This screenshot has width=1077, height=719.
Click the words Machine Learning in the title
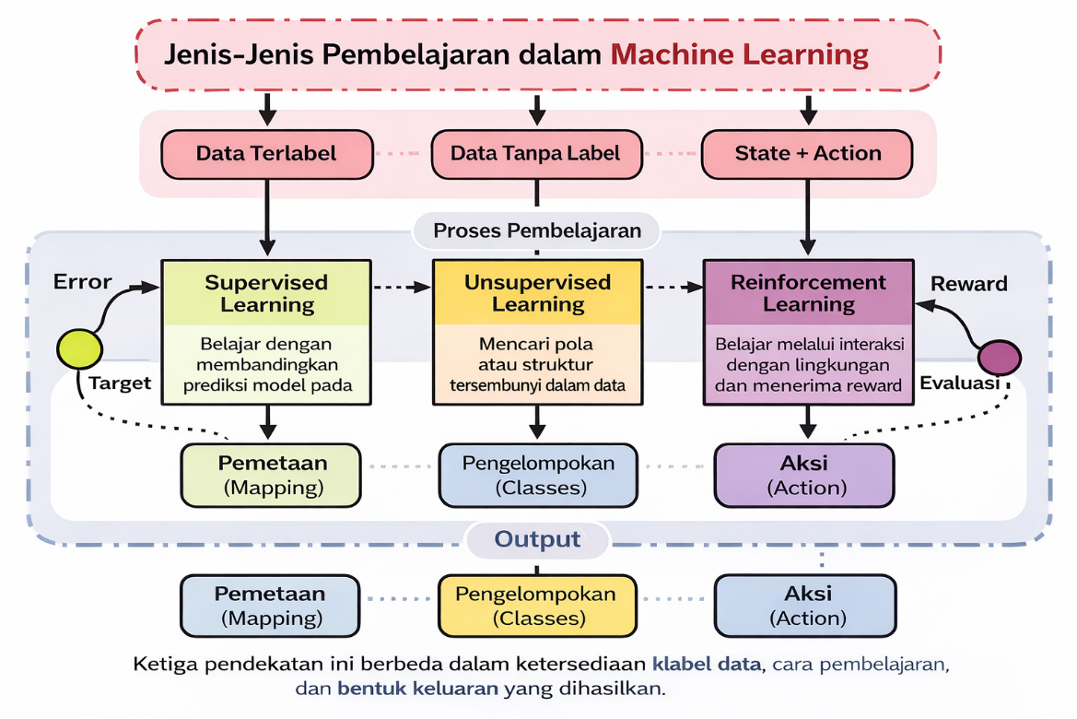coord(740,53)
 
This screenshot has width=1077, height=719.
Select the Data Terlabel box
coord(266,154)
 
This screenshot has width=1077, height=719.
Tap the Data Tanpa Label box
coord(536,154)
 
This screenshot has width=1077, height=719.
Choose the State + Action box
coord(807,154)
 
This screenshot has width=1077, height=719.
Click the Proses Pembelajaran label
coord(537,230)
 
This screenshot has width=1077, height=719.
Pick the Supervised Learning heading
coord(266,293)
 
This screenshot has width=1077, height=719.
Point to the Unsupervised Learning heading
coord(537,293)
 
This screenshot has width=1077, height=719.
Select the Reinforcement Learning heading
coord(808,293)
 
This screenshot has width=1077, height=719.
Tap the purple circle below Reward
coord(999,357)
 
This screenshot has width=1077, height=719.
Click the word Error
coord(83,282)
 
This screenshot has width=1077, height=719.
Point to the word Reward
coord(968,284)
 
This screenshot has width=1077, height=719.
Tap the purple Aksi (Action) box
coord(804,475)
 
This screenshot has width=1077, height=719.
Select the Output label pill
coord(538,539)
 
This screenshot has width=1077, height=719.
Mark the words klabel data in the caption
coord(707,664)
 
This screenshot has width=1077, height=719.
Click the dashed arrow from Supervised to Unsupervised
coord(402,288)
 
